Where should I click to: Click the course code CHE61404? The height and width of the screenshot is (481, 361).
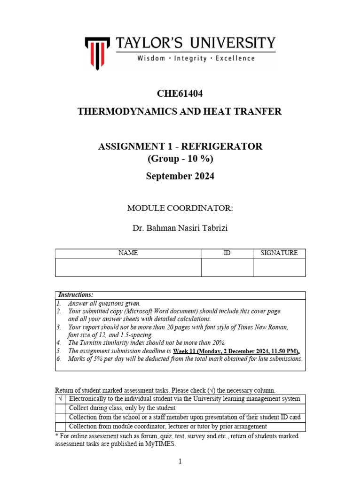tap(180, 93)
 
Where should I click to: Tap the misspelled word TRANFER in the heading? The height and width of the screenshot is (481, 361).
tap(259, 111)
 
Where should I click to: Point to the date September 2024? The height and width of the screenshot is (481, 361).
tap(180, 176)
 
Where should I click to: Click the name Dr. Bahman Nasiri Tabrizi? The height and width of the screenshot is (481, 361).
tap(180, 228)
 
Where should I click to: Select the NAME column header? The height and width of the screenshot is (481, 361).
tap(128, 253)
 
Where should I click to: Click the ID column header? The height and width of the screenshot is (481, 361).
tap(227, 253)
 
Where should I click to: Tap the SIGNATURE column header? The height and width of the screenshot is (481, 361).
tap(279, 253)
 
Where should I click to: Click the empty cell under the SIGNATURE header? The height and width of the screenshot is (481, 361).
tap(279, 267)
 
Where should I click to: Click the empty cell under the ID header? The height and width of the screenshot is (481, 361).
tap(227, 267)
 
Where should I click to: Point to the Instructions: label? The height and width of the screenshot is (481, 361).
tap(76, 295)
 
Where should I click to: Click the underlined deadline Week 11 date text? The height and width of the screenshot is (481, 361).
tap(236, 351)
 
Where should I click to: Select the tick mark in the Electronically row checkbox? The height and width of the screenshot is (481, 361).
tap(61, 399)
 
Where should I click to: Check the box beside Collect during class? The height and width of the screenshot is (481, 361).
tap(61, 408)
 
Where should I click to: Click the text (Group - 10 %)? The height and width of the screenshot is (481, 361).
tap(180, 159)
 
